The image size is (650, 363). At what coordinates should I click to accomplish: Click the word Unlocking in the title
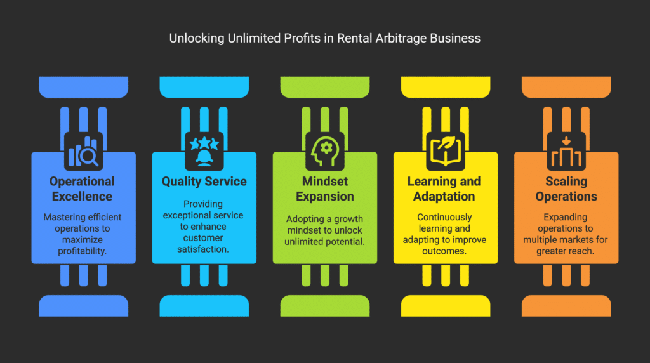[x=197, y=39]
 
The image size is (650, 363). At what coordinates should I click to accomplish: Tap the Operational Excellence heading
[x=82, y=188]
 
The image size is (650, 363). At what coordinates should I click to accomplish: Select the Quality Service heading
[x=204, y=181]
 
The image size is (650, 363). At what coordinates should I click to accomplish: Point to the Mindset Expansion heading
[x=325, y=188]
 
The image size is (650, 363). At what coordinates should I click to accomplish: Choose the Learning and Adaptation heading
[x=444, y=188]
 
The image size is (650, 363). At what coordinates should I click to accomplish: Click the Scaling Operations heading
[x=566, y=188]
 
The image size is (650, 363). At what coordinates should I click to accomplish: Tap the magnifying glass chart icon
[x=83, y=151]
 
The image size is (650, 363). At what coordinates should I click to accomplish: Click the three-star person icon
[x=204, y=151]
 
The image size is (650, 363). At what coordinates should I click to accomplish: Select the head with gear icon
[x=325, y=151]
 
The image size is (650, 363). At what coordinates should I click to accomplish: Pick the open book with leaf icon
[x=446, y=151]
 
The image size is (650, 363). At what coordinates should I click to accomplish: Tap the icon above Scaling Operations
[x=566, y=151]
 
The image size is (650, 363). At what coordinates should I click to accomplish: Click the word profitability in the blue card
[x=82, y=251]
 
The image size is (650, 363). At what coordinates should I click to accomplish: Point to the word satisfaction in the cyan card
[x=203, y=249]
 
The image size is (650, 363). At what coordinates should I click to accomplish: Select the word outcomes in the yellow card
[x=444, y=251]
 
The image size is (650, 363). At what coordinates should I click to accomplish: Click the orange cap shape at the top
[x=566, y=87]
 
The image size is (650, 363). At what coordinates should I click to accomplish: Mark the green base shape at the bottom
[x=325, y=306]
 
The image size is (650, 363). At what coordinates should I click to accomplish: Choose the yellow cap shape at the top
[x=446, y=87]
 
